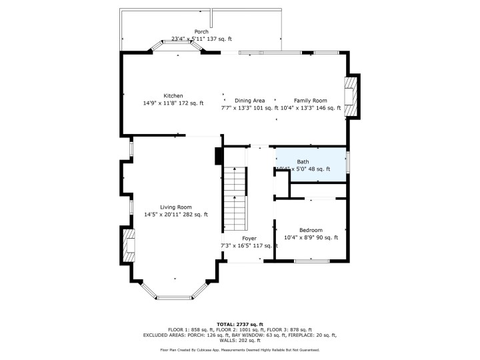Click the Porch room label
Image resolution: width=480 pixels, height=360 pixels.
tap(201, 31)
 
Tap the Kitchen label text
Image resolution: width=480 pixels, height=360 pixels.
tap(173, 96)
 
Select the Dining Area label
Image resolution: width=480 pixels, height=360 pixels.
tap(249, 100)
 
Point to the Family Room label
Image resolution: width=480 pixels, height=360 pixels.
tap(311, 100)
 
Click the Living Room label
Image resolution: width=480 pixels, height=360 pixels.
tap(176, 207)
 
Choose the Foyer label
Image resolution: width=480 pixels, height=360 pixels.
tap(249, 238)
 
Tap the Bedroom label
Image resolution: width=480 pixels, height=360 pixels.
tap(311, 229)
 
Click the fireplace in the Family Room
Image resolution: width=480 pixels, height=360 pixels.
tap(351, 96)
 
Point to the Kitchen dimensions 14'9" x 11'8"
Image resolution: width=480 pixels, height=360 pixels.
tap(173, 104)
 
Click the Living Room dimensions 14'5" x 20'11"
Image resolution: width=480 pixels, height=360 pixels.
tap(176, 215)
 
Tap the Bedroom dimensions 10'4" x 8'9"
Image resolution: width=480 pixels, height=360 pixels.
tap(311, 237)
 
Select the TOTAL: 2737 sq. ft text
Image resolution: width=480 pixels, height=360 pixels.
tap(240, 323)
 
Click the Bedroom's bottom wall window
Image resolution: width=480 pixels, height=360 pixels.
tap(311, 261)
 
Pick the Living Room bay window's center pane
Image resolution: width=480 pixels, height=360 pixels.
tap(176, 295)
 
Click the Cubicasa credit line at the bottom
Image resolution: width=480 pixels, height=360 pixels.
tap(240, 349)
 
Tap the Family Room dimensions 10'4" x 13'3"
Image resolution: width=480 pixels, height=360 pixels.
tap(311, 108)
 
